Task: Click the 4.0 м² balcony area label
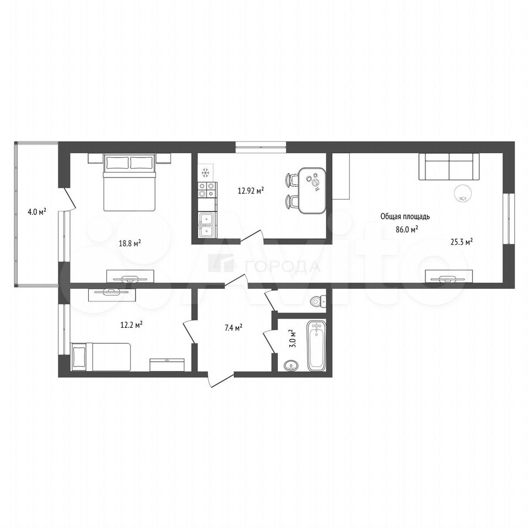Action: pos(37,212)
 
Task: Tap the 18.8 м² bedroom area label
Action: pos(130,243)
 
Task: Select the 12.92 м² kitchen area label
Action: pos(251,191)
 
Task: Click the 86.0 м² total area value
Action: pos(407,229)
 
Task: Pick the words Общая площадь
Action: pos(405,217)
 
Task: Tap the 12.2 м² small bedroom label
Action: pos(131,325)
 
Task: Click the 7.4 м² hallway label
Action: pos(234,327)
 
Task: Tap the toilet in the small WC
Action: pos(319,300)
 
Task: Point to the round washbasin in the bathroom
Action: pos(291,365)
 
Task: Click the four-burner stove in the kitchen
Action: pos(207,190)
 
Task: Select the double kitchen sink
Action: pos(208,225)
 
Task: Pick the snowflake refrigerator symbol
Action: pos(205,172)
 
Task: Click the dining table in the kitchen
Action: pos(312,191)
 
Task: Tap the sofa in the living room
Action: pos(449,166)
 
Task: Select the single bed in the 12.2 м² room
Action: pos(100,357)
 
